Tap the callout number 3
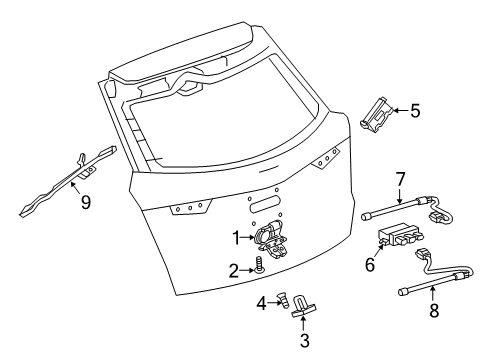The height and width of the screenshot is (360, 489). point(303,340)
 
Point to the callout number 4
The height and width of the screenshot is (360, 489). point(262,301)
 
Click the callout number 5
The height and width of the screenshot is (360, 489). point(414,112)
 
